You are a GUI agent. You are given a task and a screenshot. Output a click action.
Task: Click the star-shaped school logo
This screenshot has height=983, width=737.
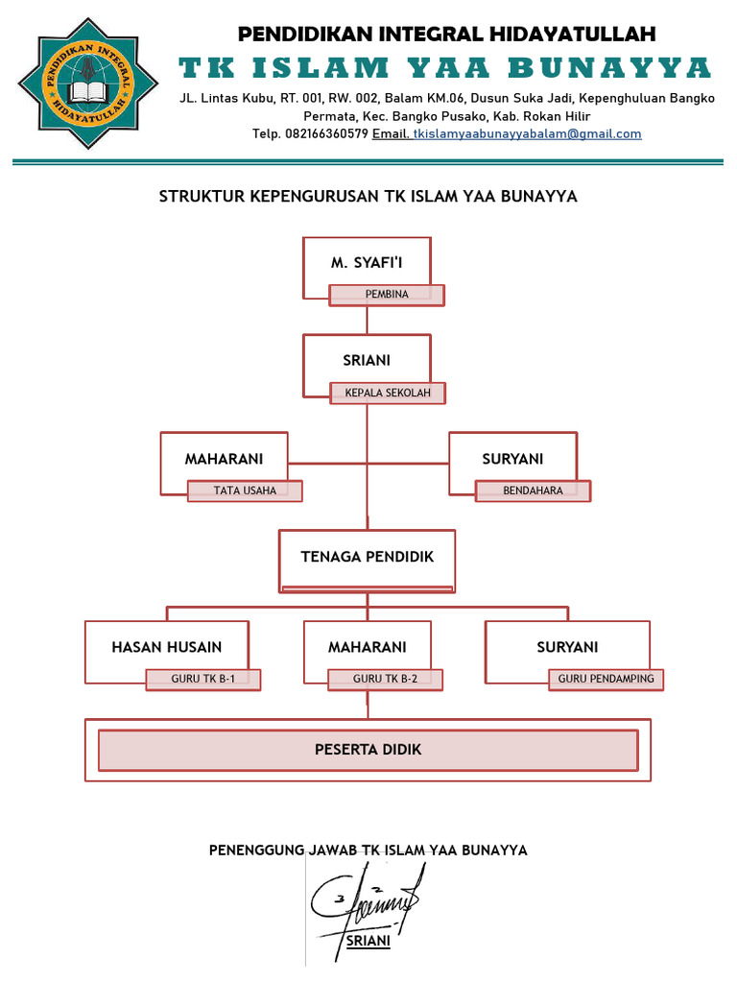point(88,84)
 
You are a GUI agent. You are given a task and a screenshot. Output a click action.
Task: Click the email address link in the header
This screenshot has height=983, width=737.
point(527,134)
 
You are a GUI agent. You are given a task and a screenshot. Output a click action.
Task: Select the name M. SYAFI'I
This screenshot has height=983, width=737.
point(367,263)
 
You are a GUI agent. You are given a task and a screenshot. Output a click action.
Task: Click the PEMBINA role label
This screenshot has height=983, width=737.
point(387,295)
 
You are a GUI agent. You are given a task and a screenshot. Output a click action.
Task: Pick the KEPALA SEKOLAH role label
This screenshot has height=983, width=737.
point(388,393)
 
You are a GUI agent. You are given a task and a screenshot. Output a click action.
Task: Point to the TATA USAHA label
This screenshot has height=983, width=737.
point(245,491)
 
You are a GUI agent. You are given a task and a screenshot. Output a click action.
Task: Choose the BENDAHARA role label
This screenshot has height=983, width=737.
point(533,491)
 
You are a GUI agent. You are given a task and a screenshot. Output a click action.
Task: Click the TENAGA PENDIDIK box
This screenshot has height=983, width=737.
point(368,557)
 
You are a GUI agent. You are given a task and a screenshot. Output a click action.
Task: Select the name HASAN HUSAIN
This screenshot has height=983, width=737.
point(167,647)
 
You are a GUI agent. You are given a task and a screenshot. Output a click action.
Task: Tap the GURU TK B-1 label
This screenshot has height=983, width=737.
point(203,679)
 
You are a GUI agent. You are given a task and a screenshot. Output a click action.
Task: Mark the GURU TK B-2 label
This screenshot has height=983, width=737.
point(385,679)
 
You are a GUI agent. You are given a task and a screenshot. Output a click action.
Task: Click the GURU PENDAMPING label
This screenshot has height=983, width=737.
point(606,679)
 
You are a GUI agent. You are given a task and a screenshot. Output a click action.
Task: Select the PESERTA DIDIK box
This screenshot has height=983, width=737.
point(368,750)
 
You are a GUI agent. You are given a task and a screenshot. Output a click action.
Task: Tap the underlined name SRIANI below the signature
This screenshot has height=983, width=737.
point(368,941)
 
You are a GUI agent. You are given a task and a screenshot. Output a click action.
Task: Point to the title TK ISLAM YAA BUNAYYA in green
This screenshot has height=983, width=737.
point(445,68)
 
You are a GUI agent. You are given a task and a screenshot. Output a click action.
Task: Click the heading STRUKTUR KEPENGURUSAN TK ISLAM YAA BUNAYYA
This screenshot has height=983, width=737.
point(368,197)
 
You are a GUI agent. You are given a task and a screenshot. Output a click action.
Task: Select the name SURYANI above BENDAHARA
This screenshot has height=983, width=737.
point(512,459)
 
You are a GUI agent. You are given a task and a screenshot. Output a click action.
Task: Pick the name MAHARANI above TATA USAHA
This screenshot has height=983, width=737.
point(224,459)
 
